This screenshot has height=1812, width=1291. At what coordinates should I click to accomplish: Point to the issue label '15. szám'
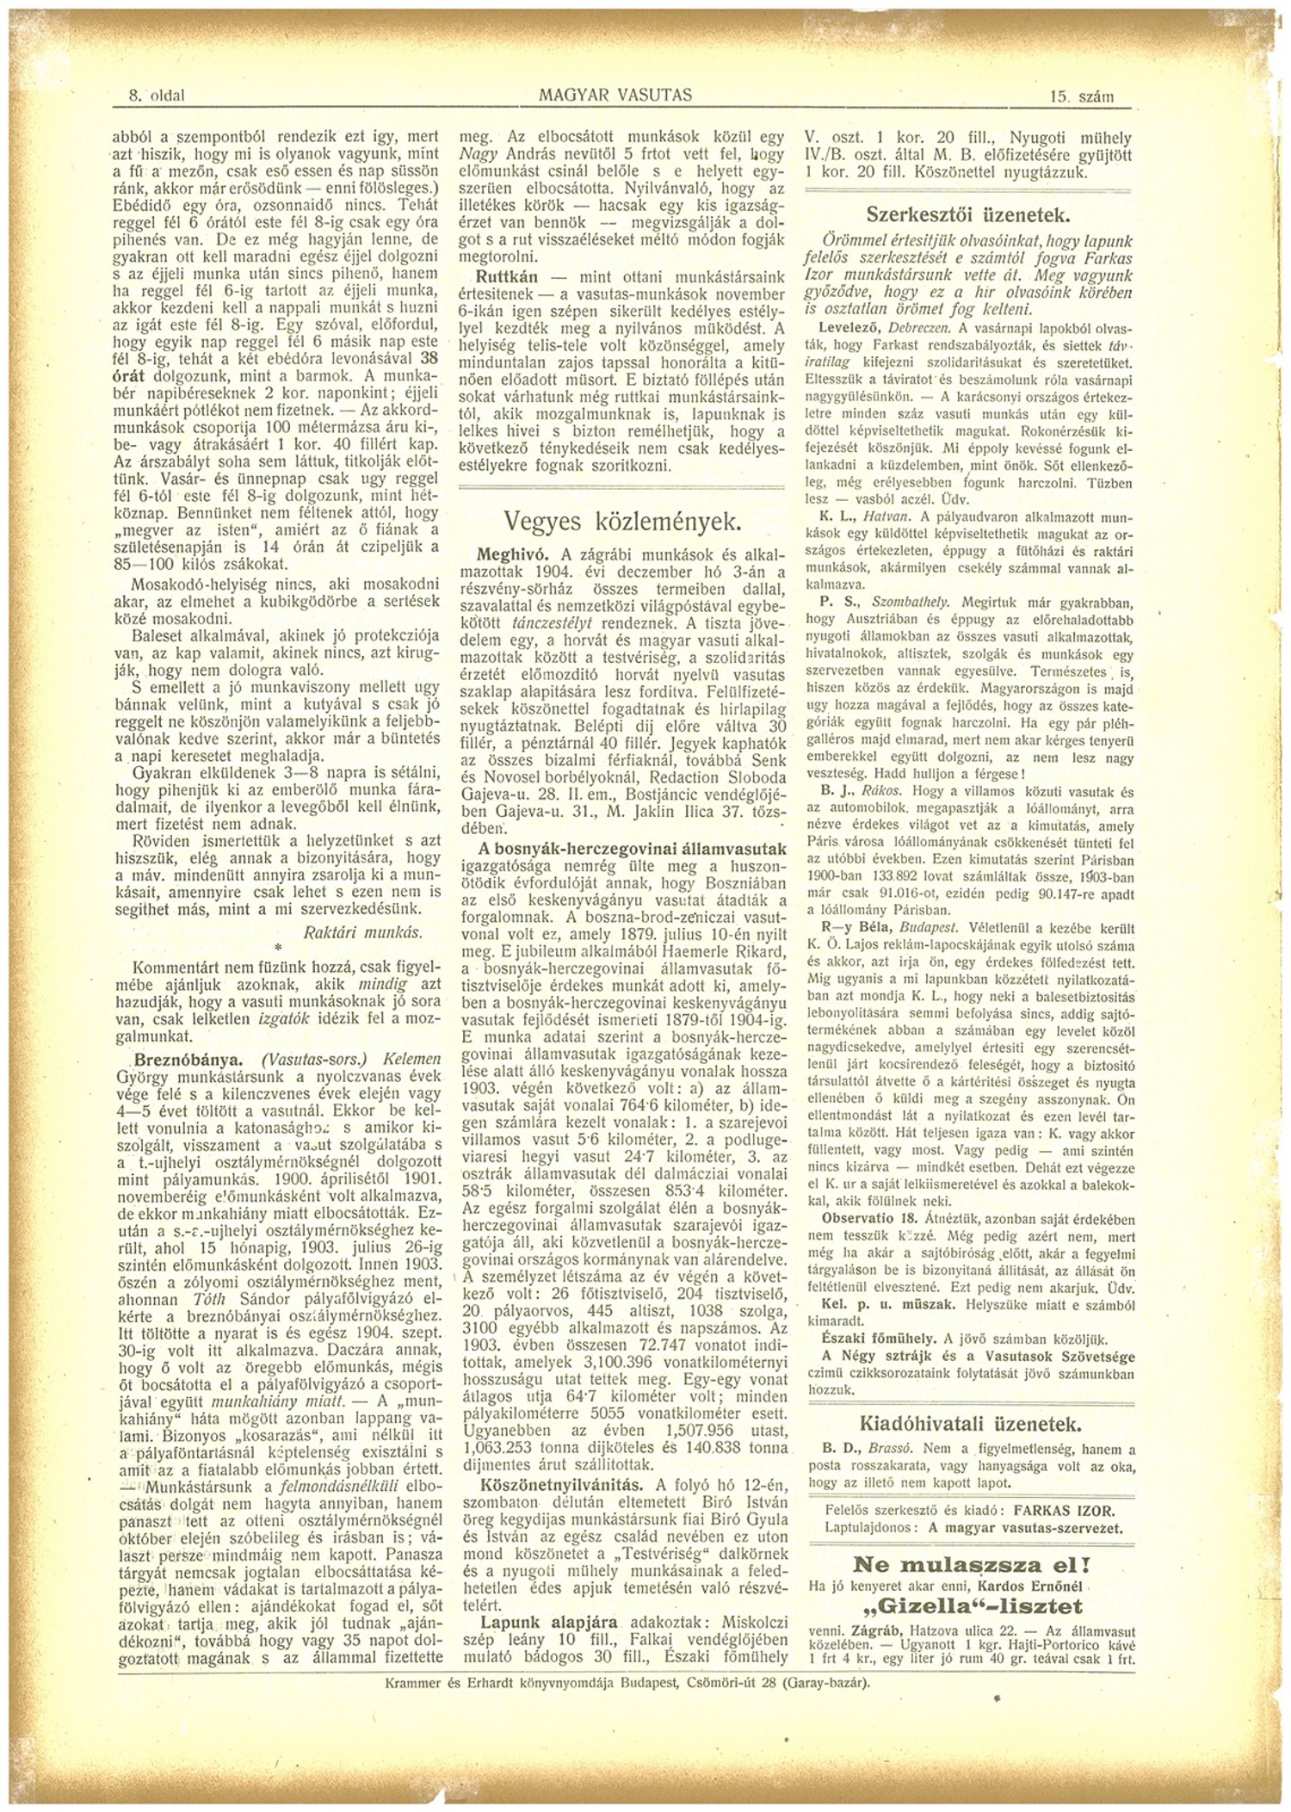pos(1082,97)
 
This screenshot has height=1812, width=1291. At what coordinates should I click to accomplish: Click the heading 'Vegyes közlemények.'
pos(622,522)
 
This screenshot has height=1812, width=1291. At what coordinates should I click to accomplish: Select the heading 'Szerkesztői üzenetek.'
pos(967,214)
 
